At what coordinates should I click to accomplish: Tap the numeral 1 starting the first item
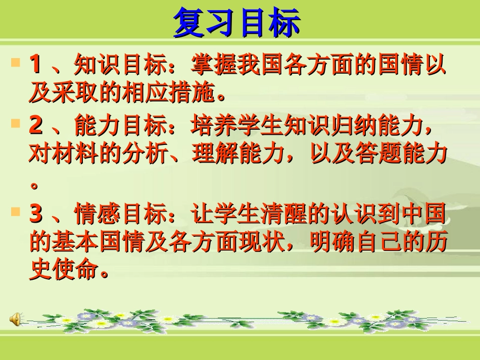(35, 64)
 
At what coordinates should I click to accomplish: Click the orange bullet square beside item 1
(16, 63)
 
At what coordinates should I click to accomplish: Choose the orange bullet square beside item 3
(16, 213)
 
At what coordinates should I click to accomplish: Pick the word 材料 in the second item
(74, 154)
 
